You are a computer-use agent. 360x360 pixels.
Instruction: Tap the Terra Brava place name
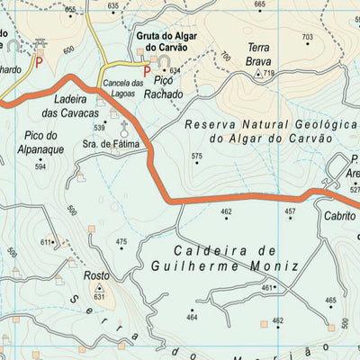click(x=259, y=57)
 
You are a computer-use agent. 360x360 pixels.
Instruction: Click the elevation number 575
click(x=197, y=157)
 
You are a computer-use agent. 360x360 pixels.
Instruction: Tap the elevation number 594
click(x=40, y=166)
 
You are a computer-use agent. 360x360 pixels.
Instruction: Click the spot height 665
click(x=260, y=4)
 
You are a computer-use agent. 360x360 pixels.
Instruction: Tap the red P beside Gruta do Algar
click(x=147, y=69)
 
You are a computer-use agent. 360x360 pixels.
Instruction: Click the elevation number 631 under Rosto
click(x=99, y=296)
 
